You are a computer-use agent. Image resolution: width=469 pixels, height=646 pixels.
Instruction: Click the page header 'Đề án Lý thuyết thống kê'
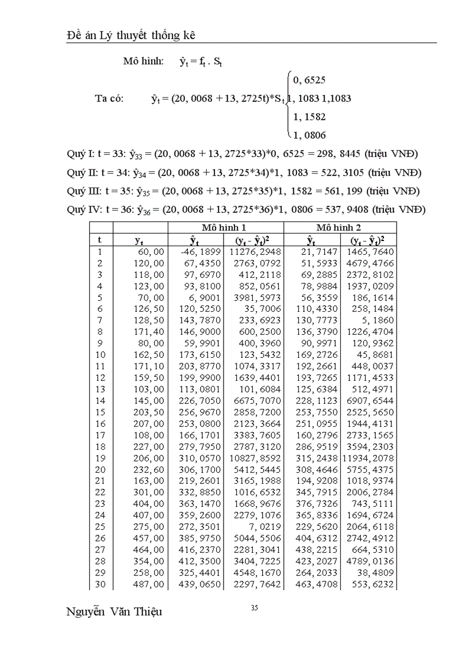[x=132, y=35]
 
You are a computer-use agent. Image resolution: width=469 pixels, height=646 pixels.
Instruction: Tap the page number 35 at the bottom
[x=254, y=609]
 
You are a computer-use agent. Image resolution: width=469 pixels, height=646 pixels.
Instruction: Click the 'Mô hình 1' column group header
[x=225, y=227]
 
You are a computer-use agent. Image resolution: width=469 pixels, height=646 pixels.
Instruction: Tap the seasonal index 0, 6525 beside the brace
[x=309, y=79]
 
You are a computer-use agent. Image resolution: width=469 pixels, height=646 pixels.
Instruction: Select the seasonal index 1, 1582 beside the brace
[x=309, y=117]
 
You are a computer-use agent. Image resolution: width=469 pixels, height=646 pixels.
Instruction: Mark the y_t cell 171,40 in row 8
[x=149, y=332]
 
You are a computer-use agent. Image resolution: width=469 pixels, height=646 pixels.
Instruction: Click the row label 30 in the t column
[x=100, y=584]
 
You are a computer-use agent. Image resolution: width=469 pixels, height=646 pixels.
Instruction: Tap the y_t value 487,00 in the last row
[x=149, y=584]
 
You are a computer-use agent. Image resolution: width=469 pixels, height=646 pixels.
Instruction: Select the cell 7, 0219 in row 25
[x=264, y=527]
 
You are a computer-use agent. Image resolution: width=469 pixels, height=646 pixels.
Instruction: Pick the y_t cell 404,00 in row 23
[x=149, y=504]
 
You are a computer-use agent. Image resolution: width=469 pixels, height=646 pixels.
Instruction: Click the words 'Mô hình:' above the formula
[x=143, y=61]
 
